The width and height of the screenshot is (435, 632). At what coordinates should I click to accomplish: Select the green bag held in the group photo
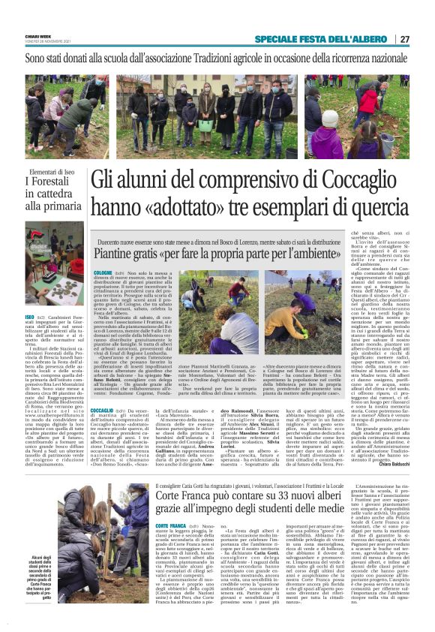(184, 125)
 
